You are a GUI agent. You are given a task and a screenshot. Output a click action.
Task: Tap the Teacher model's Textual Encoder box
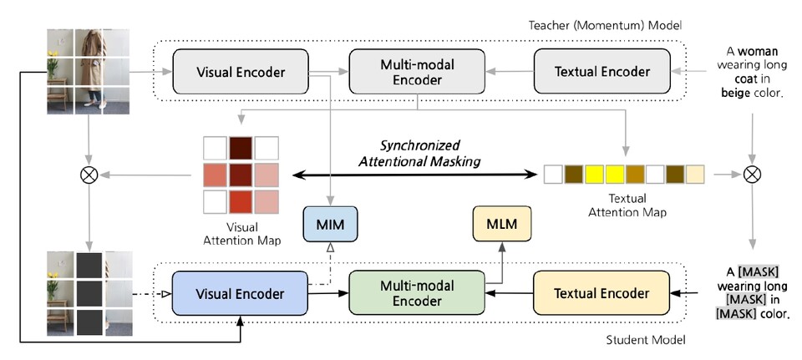coord(592,72)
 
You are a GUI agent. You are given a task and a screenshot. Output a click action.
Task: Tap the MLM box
coord(502,225)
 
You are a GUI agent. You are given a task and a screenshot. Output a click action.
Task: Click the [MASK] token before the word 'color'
coord(734,313)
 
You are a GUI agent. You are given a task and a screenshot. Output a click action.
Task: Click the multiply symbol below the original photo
coord(86,175)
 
